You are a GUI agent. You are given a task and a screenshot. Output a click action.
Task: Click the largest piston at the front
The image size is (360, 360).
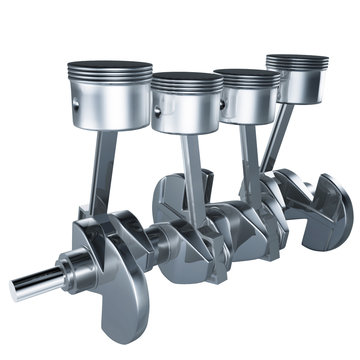tap(109, 96)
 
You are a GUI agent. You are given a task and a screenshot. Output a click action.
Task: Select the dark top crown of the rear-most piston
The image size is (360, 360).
tap(297, 60)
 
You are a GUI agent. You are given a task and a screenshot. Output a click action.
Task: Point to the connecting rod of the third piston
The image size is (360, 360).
tap(249, 155)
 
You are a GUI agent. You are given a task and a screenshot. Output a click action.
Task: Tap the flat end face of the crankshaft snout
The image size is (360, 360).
tap(17, 289)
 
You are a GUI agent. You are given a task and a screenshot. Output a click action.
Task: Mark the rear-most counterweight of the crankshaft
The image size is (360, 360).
tap(330, 210)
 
